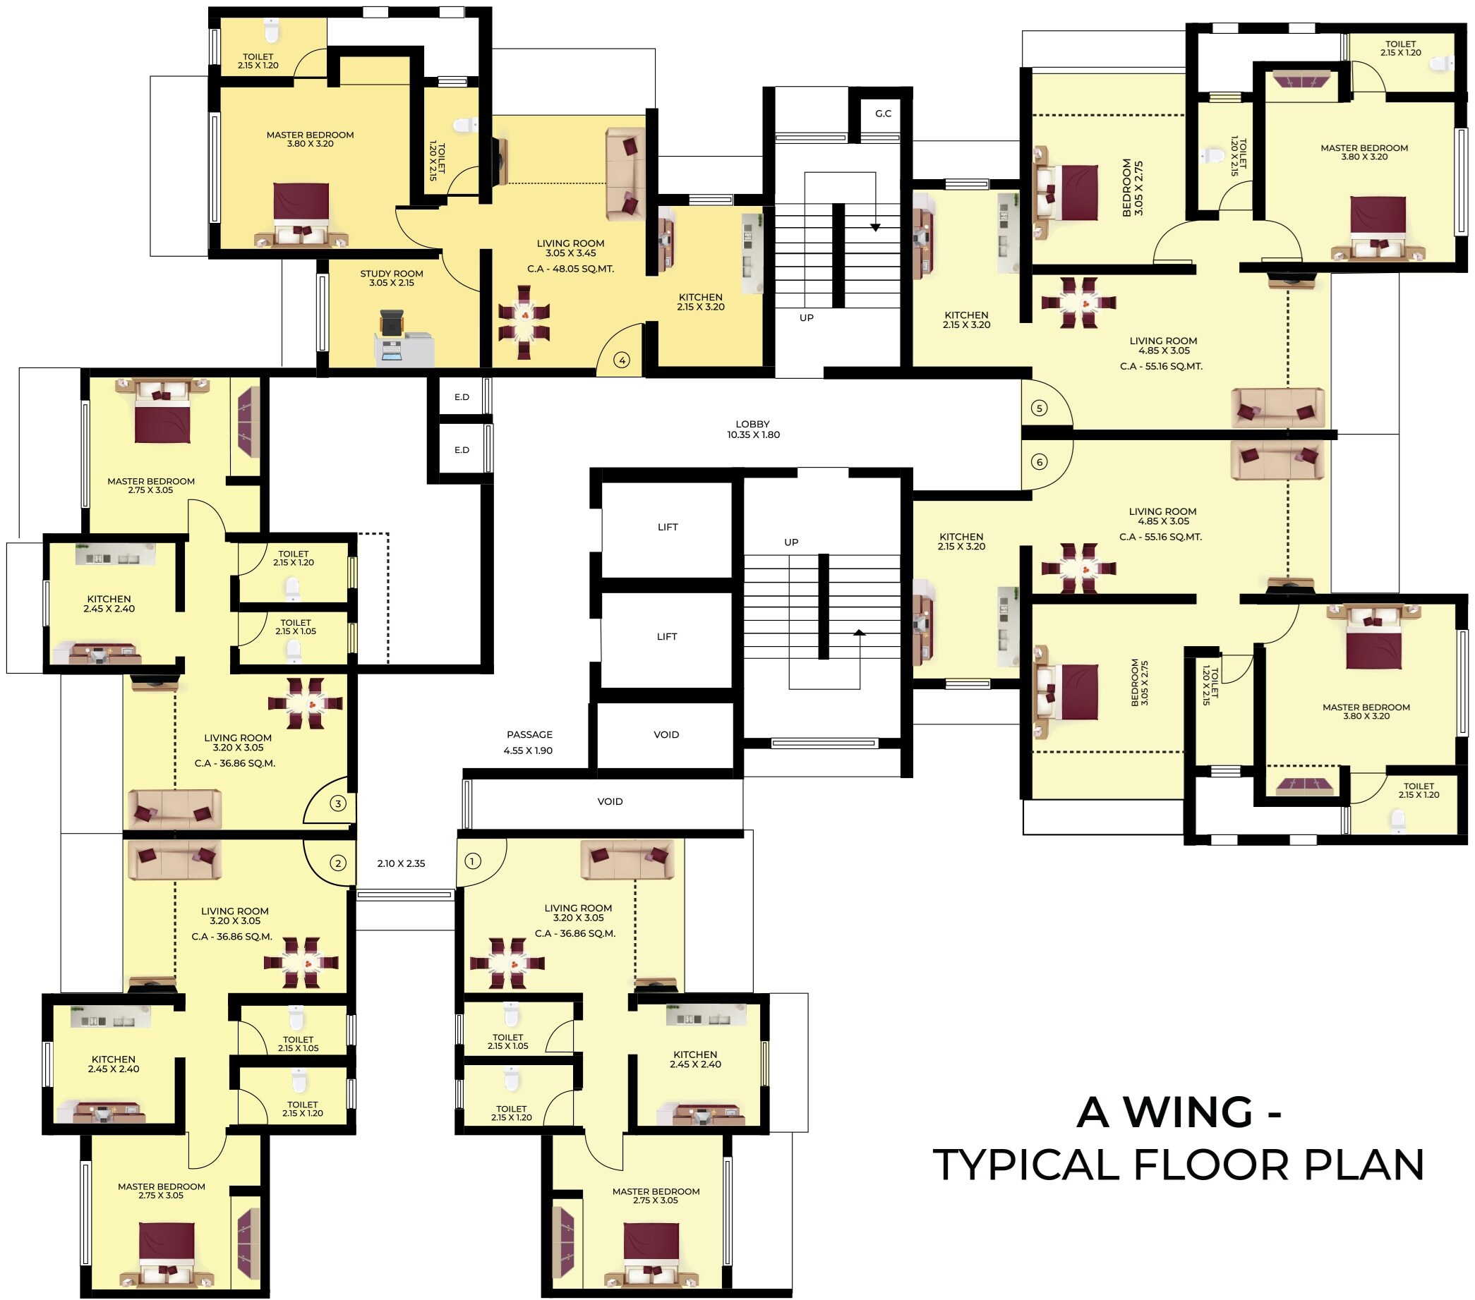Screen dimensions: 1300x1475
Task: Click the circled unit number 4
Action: point(622,360)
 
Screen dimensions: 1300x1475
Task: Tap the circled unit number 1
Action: point(473,861)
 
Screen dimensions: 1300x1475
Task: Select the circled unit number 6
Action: point(1039,462)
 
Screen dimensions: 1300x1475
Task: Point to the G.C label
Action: point(884,114)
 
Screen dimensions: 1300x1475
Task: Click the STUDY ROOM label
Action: point(392,274)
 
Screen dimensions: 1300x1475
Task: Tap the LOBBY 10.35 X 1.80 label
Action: point(752,430)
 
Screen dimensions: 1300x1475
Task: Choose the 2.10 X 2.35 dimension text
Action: point(402,863)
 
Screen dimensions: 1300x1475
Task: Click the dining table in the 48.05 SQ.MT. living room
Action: point(524,322)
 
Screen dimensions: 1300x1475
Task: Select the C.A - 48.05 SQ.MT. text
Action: point(570,269)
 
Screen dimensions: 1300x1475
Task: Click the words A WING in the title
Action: point(1164,1112)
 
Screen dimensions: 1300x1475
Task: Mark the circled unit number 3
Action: point(338,803)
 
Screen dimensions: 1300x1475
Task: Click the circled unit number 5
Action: point(1039,408)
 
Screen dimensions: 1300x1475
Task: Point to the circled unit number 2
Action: point(338,863)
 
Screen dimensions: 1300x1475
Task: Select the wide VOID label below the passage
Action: point(610,801)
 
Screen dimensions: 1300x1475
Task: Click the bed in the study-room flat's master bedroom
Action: point(301,213)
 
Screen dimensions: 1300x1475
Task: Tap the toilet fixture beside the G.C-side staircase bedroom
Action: point(1212,155)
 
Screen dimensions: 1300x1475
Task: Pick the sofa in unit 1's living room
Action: point(628,859)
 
